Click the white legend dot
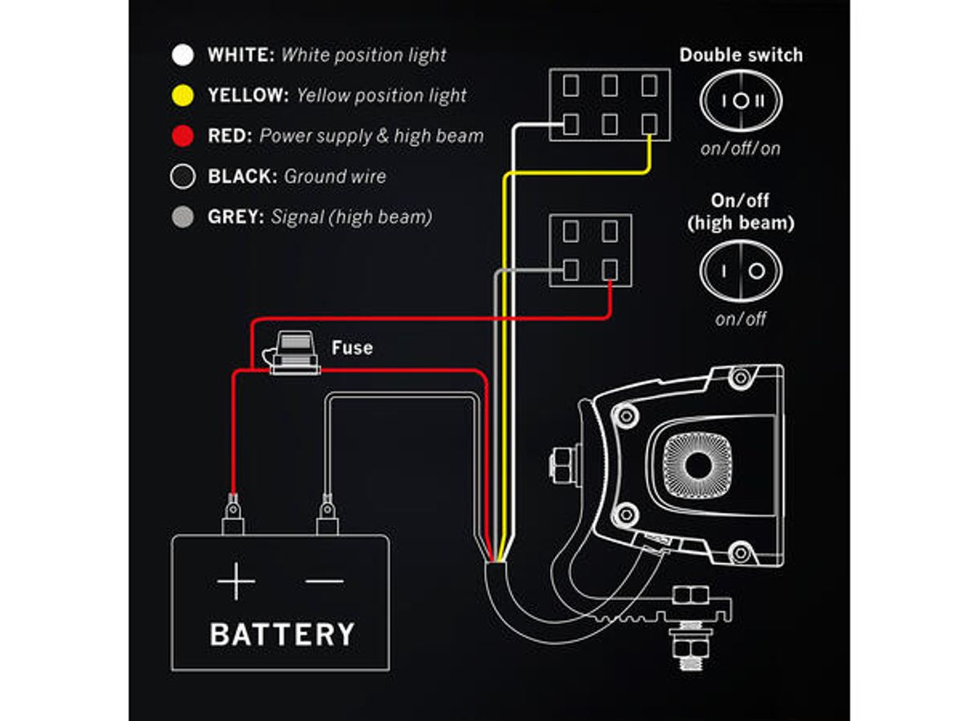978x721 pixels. pos(183,55)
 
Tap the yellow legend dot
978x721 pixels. pos(183,95)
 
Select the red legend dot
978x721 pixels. pos(183,136)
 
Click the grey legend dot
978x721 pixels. pos(183,218)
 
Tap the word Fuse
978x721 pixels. pos(351,348)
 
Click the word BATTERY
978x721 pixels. pos(282,634)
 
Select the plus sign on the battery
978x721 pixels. pos(236,582)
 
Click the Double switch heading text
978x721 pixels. pos(741,55)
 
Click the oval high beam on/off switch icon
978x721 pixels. pos(741,271)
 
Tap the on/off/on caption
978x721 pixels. pos(741,149)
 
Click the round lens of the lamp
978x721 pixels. pos(698,464)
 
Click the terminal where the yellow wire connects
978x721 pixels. pos(649,124)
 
